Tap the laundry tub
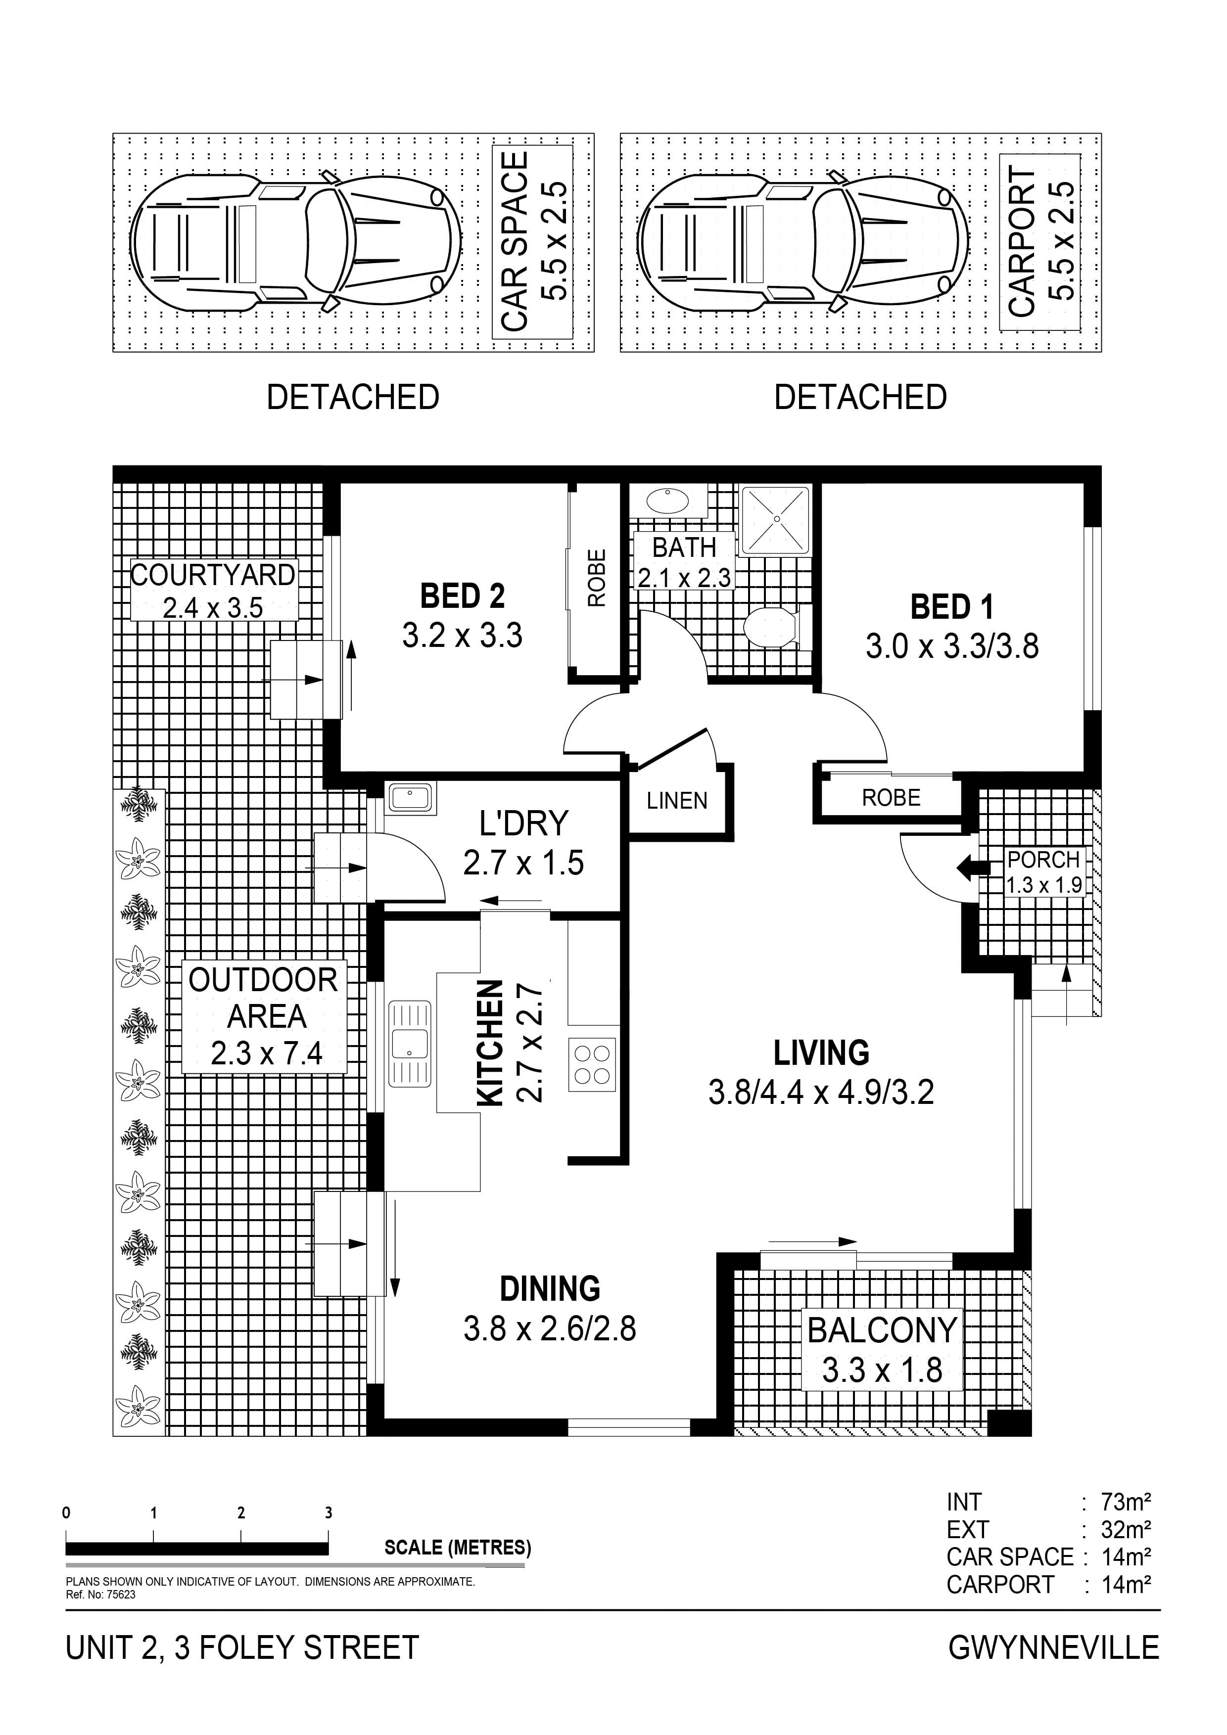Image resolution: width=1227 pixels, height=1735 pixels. click(411, 798)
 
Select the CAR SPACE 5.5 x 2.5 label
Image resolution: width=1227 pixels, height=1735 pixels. click(534, 242)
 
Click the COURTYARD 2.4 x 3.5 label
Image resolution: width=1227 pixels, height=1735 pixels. click(213, 590)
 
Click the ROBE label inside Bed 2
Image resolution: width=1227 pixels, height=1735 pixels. click(597, 578)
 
